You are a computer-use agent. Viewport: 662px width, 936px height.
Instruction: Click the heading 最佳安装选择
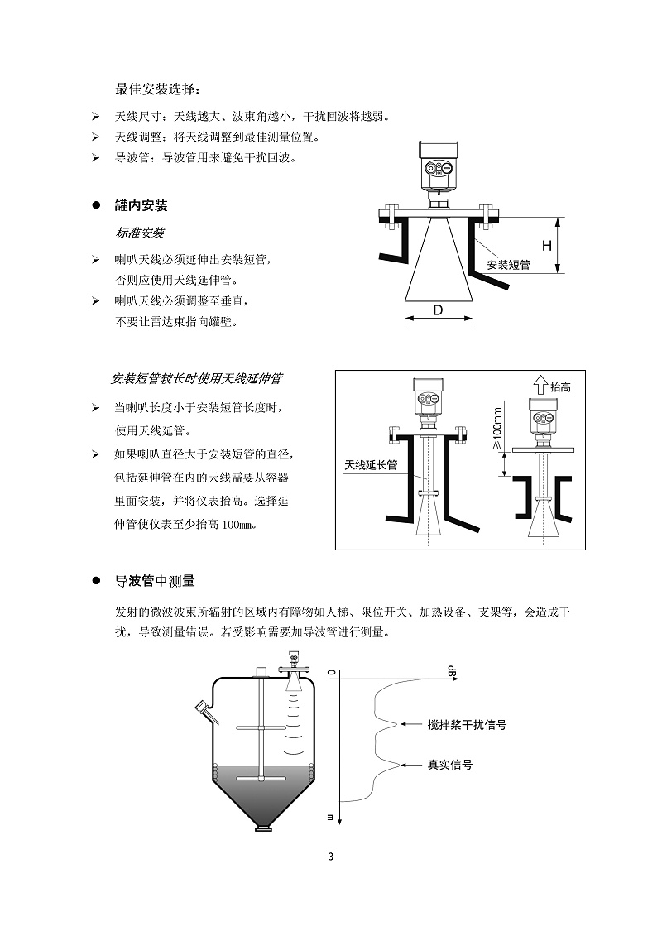click(157, 89)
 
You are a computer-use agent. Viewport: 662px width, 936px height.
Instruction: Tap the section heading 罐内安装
click(141, 205)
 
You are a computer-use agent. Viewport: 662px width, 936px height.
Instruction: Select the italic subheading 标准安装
click(139, 233)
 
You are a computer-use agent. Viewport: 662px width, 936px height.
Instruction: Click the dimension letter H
click(546, 246)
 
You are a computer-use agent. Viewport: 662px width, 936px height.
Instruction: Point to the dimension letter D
click(439, 310)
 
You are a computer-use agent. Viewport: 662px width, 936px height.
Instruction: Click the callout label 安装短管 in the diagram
click(507, 265)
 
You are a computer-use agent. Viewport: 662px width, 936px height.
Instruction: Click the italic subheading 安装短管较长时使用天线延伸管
click(196, 379)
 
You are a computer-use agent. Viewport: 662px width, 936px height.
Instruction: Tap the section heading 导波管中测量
click(155, 582)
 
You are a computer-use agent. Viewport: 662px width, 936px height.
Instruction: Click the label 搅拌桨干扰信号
click(467, 724)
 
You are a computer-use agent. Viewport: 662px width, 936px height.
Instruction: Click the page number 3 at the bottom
click(330, 856)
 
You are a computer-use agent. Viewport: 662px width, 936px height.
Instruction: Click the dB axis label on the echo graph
click(453, 671)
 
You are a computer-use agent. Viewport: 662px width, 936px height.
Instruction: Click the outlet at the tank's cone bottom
click(263, 826)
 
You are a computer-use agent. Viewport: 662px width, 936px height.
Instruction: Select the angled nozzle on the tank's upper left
click(204, 708)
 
